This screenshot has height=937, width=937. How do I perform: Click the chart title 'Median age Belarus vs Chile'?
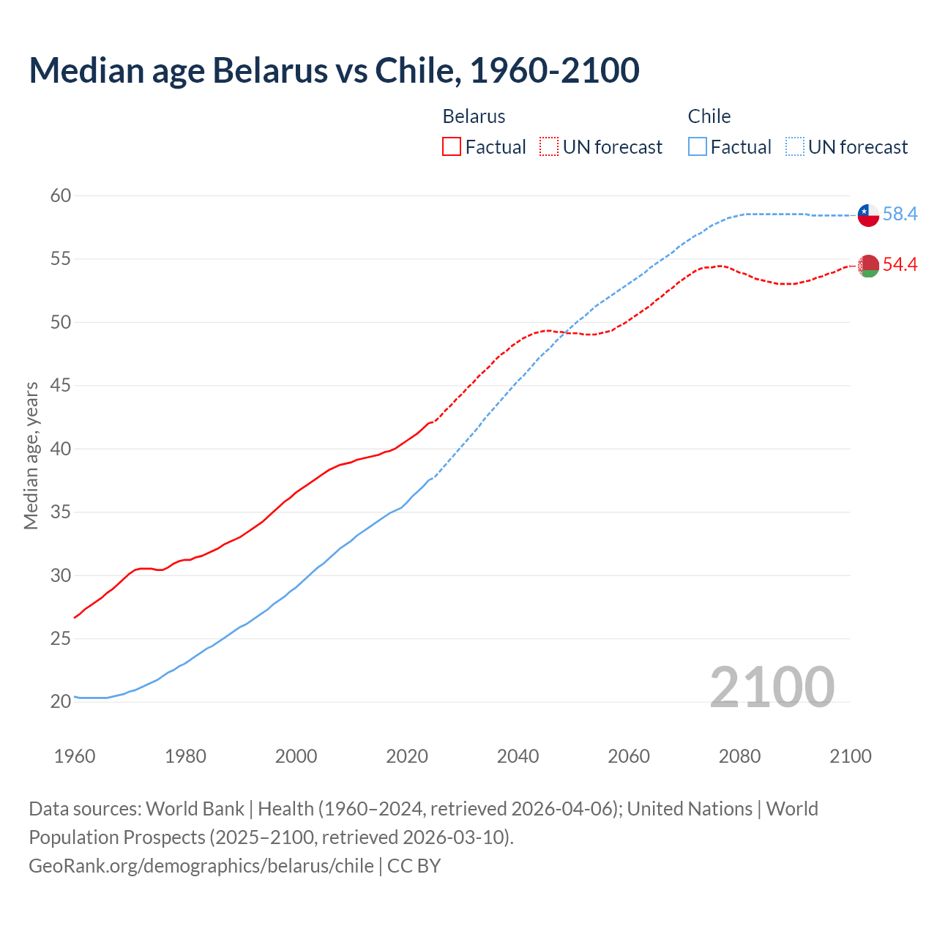coord(334,70)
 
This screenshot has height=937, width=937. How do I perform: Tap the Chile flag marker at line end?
coord(868,214)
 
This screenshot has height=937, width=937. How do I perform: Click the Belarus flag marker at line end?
coord(868,266)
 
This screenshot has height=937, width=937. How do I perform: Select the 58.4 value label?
coord(900,214)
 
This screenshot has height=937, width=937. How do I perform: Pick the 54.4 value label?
coord(900,265)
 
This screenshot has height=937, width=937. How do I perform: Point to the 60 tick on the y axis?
coord(61,195)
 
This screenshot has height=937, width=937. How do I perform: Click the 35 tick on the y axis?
coord(61,512)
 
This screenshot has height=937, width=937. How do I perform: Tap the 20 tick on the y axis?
coord(61,702)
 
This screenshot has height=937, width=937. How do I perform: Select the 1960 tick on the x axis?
coord(75,756)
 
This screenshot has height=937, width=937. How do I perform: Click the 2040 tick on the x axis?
coord(518,756)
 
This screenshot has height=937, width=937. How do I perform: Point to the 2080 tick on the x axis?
coord(739,756)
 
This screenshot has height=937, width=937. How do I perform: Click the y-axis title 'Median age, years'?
coord(31,455)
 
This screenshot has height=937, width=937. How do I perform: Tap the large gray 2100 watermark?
coord(772,687)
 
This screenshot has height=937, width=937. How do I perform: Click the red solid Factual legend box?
coord(452,147)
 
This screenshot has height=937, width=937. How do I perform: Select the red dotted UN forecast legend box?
coord(549,147)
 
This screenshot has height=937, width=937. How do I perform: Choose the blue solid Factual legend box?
coord(698,147)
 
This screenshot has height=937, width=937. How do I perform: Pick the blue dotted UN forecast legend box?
coord(795,147)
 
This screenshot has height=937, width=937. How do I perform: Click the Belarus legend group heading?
coord(474,116)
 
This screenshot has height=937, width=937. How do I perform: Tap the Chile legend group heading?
coord(709,116)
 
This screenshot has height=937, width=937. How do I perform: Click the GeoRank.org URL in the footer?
coord(201,866)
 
